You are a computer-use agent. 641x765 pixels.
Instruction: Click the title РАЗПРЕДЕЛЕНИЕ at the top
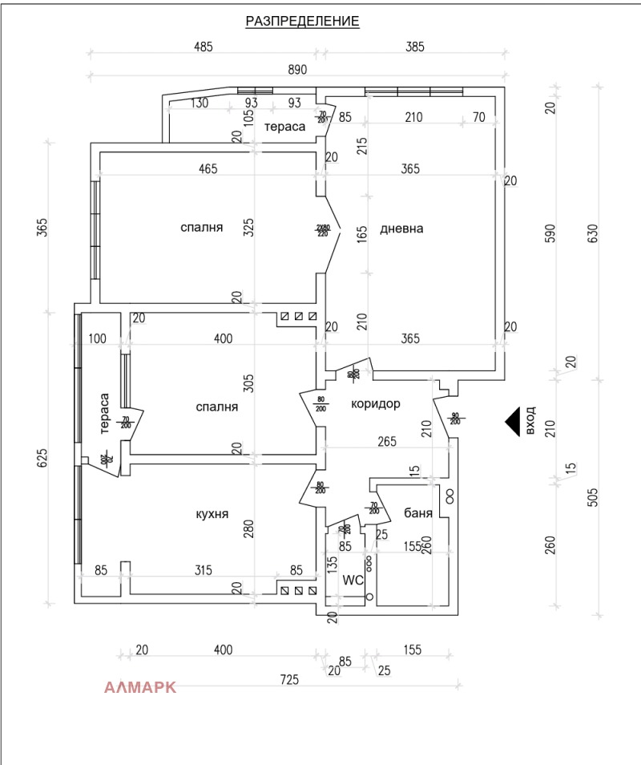click(x=302, y=22)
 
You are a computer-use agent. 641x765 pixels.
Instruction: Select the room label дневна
click(x=401, y=229)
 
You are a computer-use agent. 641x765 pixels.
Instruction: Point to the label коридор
click(x=375, y=403)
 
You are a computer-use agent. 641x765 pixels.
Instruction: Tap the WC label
click(x=353, y=579)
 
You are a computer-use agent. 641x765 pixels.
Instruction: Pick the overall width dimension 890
click(x=297, y=70)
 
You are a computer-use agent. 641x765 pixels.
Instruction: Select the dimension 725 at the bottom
click(x=289, y=679)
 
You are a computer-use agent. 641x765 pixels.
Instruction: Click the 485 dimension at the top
click(x=204, y=47)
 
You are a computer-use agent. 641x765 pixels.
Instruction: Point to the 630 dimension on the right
click(x=593, y=233)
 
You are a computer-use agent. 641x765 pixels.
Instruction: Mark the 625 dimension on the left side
click(x=43, y=457)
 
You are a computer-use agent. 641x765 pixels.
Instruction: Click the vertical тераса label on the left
click(x=104, y=414)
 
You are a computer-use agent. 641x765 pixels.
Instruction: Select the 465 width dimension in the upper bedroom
click(x=208, y=168)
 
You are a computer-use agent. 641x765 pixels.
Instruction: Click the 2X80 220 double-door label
click(x=323, y=230)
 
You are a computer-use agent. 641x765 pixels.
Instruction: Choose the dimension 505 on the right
click(x=593, y=497)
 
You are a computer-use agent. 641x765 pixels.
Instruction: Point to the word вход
click(x=530, y=421)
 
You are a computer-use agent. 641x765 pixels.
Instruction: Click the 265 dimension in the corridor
click(x=387, y=440)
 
